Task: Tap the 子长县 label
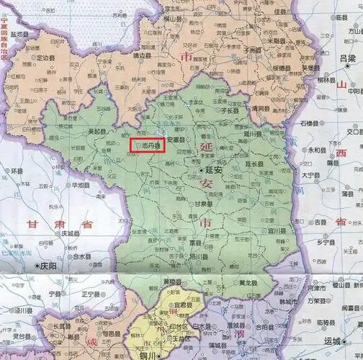[230, 112]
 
